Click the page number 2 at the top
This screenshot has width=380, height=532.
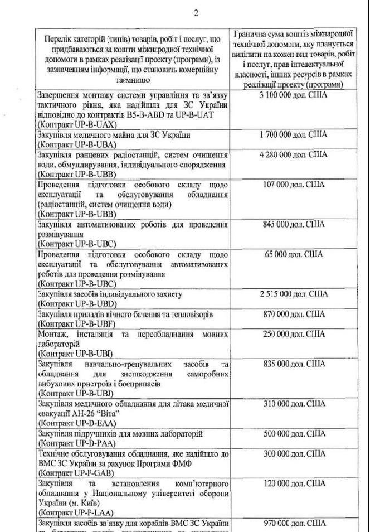[x=196, y=13]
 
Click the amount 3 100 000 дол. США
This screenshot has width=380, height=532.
[x=294, y=96]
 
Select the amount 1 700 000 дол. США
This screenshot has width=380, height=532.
[x=294, y=134]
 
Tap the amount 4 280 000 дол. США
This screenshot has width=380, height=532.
[x=294, y=154]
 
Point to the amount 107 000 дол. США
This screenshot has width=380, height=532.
[x=294, y=184]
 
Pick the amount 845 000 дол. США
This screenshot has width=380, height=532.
[x=294, y=224]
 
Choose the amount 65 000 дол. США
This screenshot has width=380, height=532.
[x=294, y=254]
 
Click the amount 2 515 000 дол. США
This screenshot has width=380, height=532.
[x=294, y=294]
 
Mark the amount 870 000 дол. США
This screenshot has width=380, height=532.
[x=294, y=314]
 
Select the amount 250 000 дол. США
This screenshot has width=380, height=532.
[x=294, y=334]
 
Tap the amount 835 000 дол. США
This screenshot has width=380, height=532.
[x=294, y=364]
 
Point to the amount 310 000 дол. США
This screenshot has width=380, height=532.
[x=294, y=403]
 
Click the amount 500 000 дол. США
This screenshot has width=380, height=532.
[x=294, y=433]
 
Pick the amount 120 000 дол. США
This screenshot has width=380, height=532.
[x=294, y=483]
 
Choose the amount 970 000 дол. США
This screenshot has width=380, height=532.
[x=294, y=524]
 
